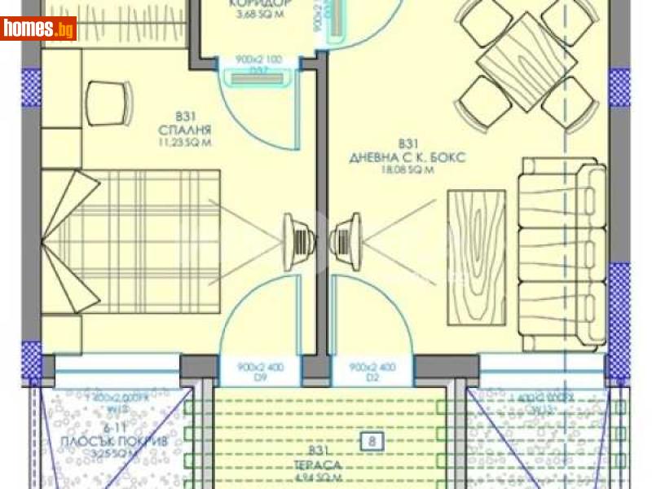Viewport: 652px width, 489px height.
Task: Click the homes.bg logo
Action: click(x=39, y=29)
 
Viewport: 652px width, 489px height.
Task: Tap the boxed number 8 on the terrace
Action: click(x=372, y=443)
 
